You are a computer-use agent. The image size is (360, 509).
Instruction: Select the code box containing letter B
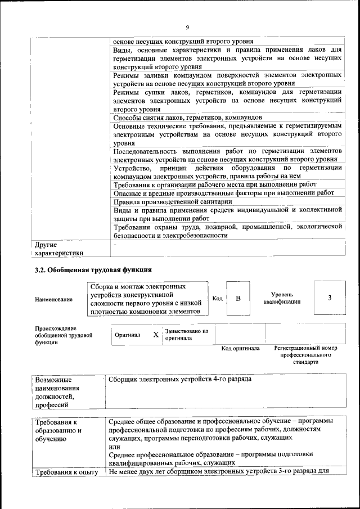coord(238,298)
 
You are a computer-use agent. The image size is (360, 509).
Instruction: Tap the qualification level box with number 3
coord(330,298)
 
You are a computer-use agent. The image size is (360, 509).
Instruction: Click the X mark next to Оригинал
coord(156,335)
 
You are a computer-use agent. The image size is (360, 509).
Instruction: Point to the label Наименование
coord(53,299)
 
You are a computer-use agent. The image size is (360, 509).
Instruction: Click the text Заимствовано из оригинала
coord(186,335)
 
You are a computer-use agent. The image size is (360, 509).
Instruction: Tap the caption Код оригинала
coord(240,349)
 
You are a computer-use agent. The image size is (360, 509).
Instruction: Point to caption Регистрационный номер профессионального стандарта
coord(305,355)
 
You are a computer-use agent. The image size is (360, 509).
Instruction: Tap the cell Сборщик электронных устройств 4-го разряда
coord(179,379)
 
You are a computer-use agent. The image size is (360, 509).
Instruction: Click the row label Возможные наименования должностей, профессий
coord(57,392)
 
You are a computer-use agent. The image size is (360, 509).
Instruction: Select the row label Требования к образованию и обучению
coord(58,430)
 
